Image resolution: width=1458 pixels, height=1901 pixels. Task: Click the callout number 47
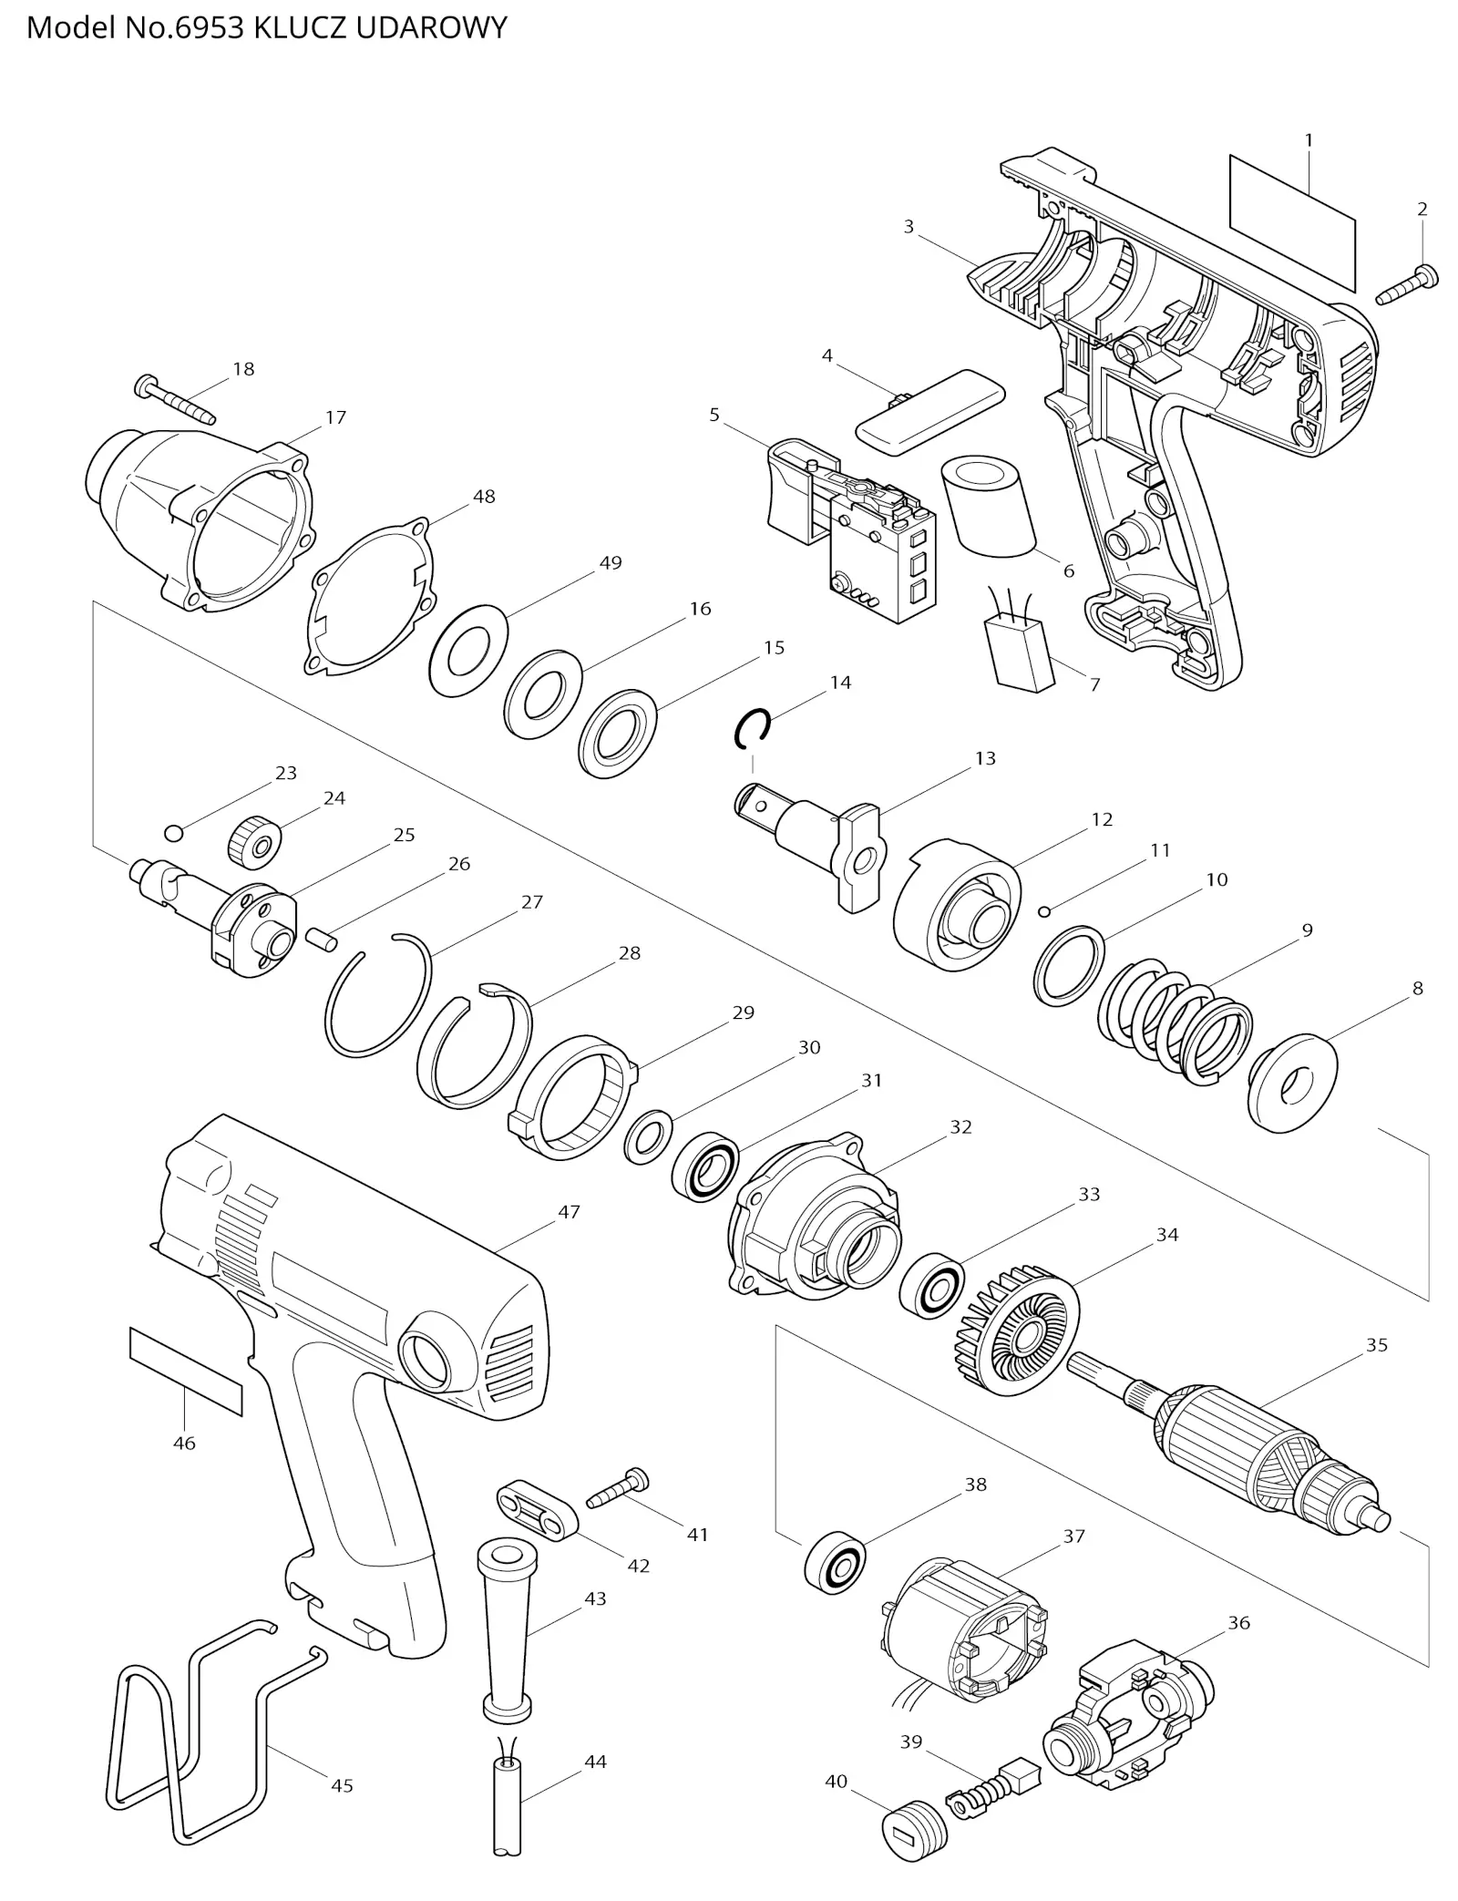(x=569, y=1211)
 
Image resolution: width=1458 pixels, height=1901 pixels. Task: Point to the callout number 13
(x=985, y=758)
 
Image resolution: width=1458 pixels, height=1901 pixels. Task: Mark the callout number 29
(x=744, y=1012)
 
